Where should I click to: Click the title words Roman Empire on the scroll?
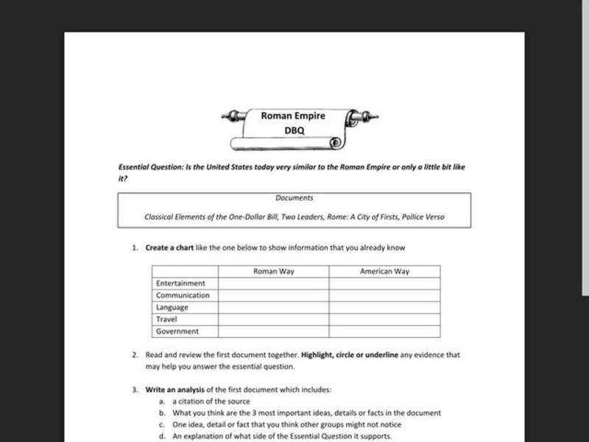coord(294,116)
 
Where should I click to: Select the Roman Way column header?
coord(273,271)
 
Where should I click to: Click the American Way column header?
coord(384,271)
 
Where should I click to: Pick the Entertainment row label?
coord(181,284)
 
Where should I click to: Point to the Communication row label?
coord(183,295)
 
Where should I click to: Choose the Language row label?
coord(172,307)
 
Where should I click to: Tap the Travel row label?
coord(166,320)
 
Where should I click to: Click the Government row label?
coord(179,331)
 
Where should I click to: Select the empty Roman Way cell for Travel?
coord(273,320)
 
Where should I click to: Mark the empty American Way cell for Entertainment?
coord(384,284)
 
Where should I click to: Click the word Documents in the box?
coord(294,198)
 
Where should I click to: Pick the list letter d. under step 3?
coord(161,436)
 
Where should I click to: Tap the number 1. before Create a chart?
coord(135,248)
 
